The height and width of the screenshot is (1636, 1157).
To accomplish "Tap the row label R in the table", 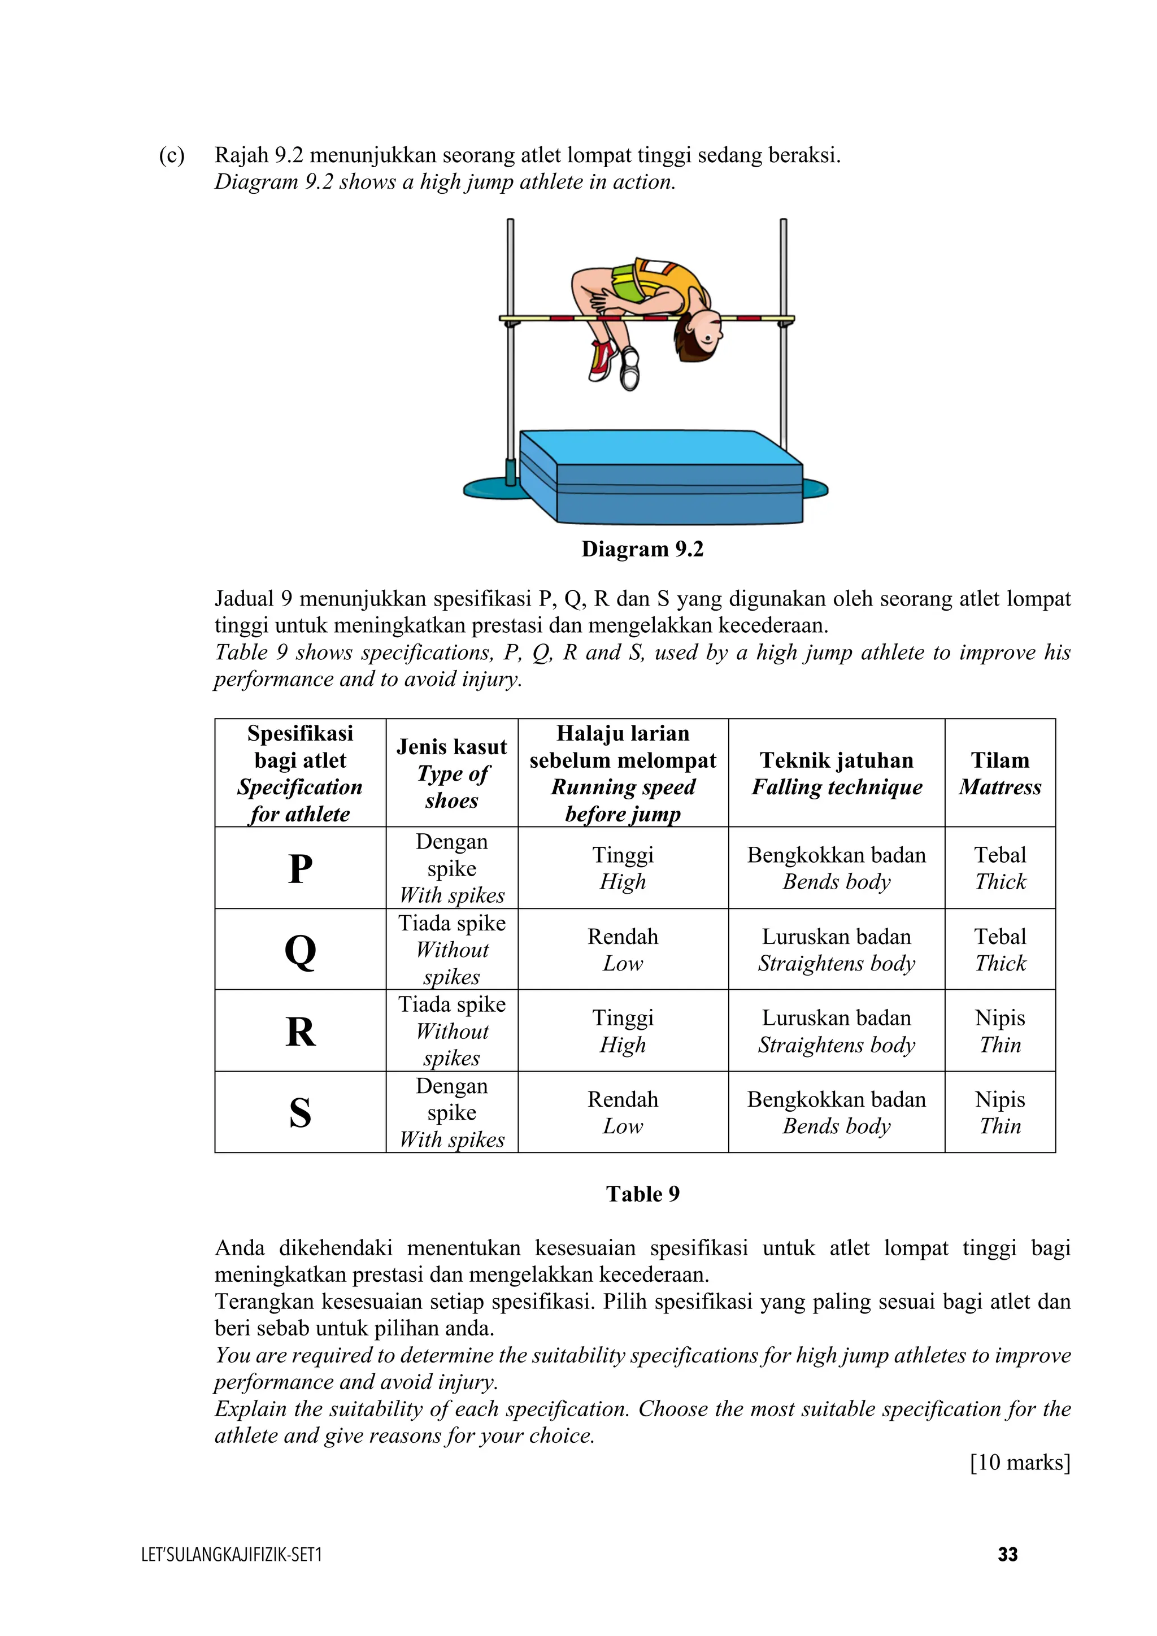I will [x=300, y=1031].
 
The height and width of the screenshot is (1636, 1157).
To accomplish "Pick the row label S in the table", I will [x=300, y=1112].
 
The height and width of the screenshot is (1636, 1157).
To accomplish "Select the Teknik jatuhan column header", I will [x=837, y=773].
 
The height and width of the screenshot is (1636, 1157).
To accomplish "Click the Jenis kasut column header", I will [x=452, y=773].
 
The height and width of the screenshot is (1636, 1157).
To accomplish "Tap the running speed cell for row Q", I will [x=623, y=950].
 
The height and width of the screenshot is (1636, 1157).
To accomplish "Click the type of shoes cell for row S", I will [x=452, y=1112].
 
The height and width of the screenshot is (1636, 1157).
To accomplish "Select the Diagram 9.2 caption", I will [x=642, y=549].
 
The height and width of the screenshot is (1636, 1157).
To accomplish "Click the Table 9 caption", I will [x=642, y=1194].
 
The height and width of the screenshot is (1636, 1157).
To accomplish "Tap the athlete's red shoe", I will [x=602, y=360].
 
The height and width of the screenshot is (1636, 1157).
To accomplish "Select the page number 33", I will [x=1007, y=1554].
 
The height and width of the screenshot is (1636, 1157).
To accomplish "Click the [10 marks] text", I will [x=1020, y=1462].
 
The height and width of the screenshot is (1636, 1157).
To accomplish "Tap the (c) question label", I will [x=172, y=155].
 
